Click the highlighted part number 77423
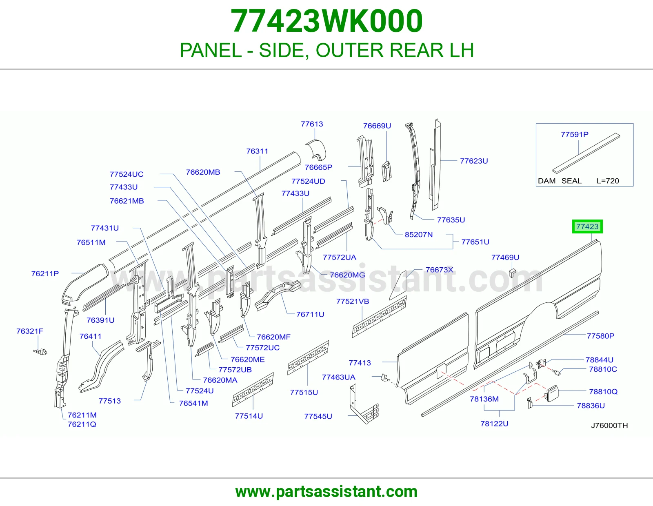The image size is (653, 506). pyautogui.click(x=587, y=226)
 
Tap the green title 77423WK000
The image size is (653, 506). pyautogui.click(x=326, y=21)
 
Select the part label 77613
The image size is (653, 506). pyautogui.click(x=312, y=124)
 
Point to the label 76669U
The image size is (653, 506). pyautogui.click(x=377, y=126)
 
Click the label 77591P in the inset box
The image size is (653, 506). pyautogui.click(x=575, y=134)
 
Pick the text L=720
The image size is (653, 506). pyautogui.click(x=608, y=181)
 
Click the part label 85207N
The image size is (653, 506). pyautogui.click(x=419, y=234)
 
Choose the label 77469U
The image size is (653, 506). pyautogui.click(x=505, y=257)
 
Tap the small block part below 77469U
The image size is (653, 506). pyautogui.click(x=512, y=273)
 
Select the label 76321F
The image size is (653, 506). pyautogui.click(x=30, y=331)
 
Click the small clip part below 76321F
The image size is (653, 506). pyautogui.click(x=40, y=351)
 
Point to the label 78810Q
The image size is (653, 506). pyautogui.click(x=603, y=391)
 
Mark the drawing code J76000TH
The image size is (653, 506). pyautogui.click(x=609, y=426)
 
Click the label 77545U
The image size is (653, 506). pyautogui.click(x=318, y=416)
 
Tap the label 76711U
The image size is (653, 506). pyautogui.click(x=310, y=314)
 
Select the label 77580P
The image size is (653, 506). pyautogui.click(x=600, y=336)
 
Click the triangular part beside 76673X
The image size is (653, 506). pyautogui.click(x=399, y=287)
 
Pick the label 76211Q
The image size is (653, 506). pyautogui.click(x=82, y=424)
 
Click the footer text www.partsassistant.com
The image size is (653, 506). pyautogui.click(x=326, y=492)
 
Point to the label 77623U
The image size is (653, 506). pyautogui.click(x=474, y=161)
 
